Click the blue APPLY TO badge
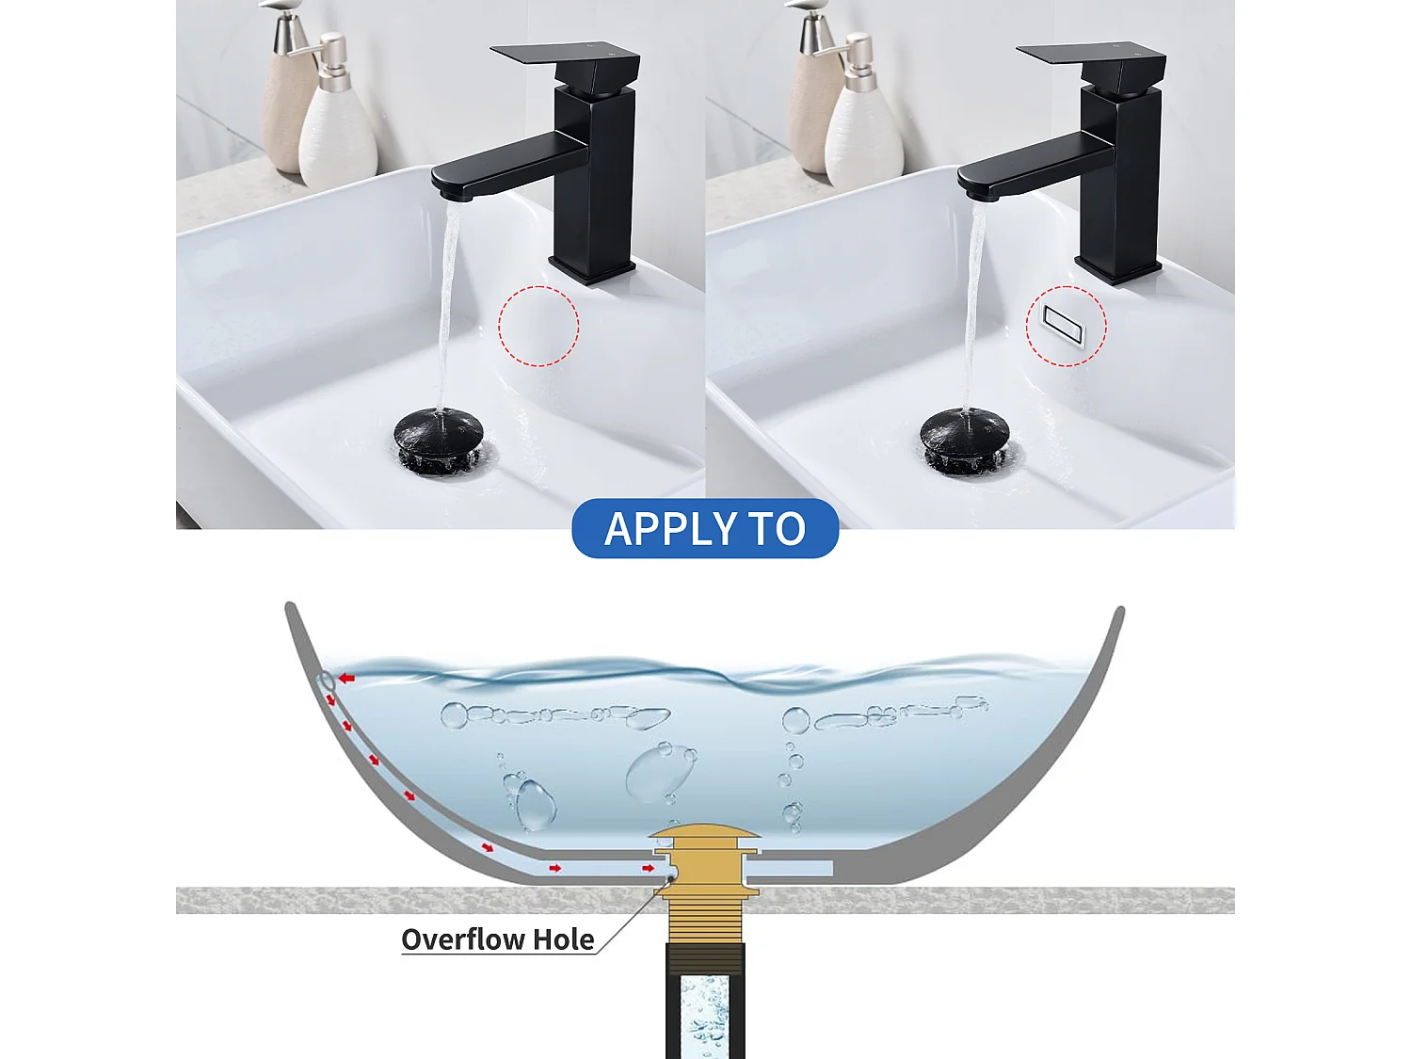705,528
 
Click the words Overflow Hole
497,939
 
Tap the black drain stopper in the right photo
965,434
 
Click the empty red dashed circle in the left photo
538,326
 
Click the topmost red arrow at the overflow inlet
347,678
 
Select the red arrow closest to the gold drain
649,867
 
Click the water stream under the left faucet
448,301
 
